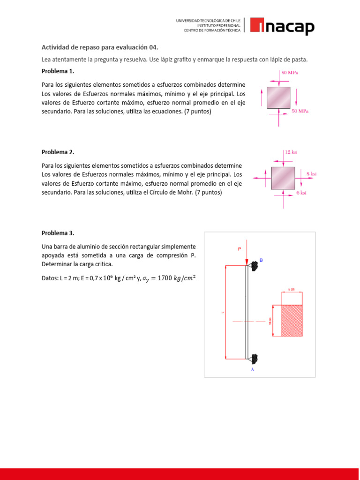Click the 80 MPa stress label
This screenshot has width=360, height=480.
pos(290,73)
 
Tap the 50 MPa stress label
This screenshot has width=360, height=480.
pos(300,111)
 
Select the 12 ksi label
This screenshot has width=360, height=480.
pos(291,152)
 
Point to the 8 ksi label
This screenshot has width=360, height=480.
pos(311,174)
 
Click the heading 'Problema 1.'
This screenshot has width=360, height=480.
pos(58,71)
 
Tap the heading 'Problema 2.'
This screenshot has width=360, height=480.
pos(58,152)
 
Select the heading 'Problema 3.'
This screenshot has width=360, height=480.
pos(58,233)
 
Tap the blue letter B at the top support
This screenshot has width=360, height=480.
pos(261,260)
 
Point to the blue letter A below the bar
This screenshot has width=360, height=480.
pos(253,369)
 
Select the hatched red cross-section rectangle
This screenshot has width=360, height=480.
pos(292,320)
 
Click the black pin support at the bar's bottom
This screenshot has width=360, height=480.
pos(254,359)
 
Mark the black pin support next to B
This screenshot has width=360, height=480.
pos(254,266)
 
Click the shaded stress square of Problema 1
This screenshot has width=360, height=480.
pos(279,97)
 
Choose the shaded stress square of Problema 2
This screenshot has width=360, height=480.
pos(283,178)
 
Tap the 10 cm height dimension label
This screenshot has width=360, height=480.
pos(270,321)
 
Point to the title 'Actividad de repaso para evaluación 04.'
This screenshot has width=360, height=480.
pos(100,47)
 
